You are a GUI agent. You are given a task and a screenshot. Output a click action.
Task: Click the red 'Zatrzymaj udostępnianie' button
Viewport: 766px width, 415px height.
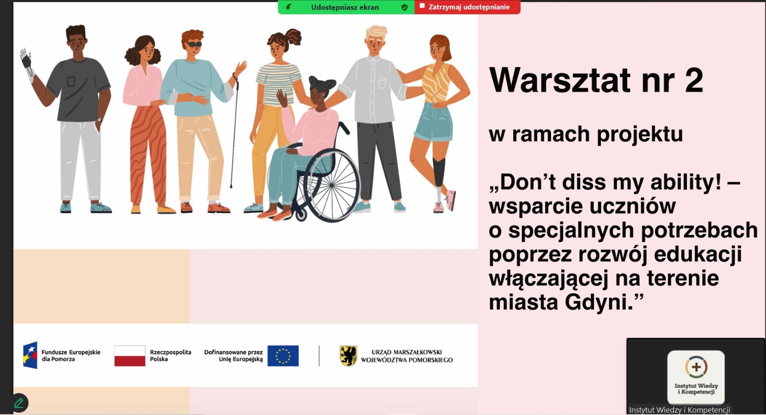[467, 7]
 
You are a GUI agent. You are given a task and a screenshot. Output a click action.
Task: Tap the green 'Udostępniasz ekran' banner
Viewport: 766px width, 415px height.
[346, 7]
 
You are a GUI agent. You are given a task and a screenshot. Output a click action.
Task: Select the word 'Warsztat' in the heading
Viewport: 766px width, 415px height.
[560, 81]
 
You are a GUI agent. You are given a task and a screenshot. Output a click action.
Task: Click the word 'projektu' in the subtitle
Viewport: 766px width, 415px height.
[640, 135]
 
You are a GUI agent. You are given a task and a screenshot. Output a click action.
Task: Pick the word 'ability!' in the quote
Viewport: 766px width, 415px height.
[686, 182]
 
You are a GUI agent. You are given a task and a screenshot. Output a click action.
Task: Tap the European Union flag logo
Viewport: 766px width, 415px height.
[283, 356]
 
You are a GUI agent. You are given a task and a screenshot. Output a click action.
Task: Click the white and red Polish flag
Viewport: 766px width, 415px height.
[130, 356]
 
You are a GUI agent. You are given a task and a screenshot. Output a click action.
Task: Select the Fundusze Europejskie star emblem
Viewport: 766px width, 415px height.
[30, 355]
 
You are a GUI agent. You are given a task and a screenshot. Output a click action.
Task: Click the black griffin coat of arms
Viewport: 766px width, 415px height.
[349, 356]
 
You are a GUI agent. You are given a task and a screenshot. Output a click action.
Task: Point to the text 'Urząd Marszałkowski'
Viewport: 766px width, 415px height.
[406, 352]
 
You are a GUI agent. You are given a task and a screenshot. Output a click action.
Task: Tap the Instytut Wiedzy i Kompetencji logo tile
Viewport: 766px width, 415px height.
[696, 377]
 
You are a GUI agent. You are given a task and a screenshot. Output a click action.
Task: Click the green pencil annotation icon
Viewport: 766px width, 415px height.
[19, 403]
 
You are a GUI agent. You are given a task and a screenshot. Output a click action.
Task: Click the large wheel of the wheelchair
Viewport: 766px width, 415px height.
[331, 185]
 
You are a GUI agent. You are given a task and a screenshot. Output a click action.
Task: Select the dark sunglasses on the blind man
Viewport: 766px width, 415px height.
[194, 44]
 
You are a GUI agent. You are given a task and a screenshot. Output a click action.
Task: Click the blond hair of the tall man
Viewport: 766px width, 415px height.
[376, 33]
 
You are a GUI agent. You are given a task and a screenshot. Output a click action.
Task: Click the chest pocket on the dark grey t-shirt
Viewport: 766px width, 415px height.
[71, 81]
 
